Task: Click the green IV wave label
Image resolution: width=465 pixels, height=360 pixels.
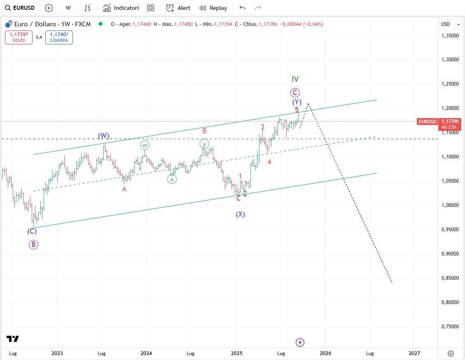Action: point(295,79)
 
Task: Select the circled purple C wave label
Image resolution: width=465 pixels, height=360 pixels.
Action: point(295,93)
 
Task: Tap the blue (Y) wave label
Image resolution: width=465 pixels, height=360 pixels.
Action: point(297,102)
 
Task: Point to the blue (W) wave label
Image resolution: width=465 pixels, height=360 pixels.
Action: point(104,135)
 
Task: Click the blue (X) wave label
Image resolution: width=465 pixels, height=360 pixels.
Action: point(241,214)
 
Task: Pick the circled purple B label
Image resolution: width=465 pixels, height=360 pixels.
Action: point(33,244)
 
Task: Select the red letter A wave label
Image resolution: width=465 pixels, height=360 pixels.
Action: point(124,189)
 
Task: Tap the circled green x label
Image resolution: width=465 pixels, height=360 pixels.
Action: point(172,179)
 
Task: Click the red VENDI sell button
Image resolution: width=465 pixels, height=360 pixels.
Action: point(19,38)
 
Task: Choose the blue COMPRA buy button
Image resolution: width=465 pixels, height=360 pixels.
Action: point(59,38)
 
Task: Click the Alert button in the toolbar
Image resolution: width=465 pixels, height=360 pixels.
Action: point(178,8)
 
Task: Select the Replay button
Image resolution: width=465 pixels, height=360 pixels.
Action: point(213,8)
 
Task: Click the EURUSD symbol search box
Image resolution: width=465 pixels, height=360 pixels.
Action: point(20,8)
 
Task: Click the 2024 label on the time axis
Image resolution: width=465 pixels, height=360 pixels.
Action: point(146,353)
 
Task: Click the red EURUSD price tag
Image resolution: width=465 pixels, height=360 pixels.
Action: point(427,122)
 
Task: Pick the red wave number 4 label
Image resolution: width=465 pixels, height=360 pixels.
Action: point(269,162)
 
